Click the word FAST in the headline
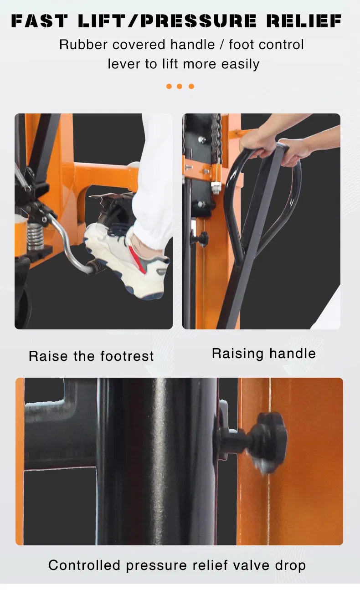pos(39,21)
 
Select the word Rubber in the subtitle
pos(83,44)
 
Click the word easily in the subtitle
pos(240,64)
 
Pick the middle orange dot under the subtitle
pos(180,86)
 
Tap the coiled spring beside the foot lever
pos(35,236)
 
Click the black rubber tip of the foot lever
pos(97,267)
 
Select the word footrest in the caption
pos(127,356)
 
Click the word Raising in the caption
pos(237,354)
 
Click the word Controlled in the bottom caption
pos(84,565)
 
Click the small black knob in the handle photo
pos(201,239)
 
